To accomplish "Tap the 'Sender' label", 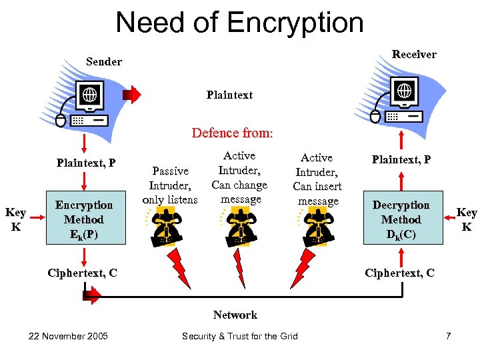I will pos(104,61).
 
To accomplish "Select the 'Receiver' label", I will pos(414,54).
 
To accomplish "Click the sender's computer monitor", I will pos(89,96).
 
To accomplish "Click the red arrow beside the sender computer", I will pos(133,95).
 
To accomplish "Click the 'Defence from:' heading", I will pos(232,133).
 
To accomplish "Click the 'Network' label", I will pos(235,315).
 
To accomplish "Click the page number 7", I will pos(448,335).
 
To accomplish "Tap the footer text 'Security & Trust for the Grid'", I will pos(240,335).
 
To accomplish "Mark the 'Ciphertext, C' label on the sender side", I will pos(83,272).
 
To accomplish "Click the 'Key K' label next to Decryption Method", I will pos(466,219).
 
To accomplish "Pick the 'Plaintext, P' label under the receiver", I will pos(401,159).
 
